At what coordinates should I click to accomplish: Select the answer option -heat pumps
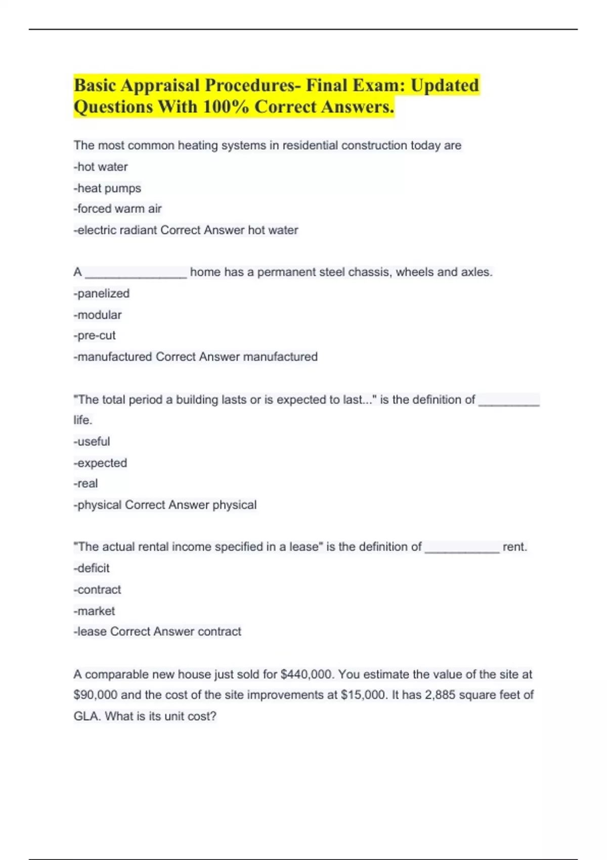[x=107, y=188]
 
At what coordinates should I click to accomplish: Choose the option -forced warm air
[x=117, y=209]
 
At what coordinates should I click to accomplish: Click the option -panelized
[x=101, y=293]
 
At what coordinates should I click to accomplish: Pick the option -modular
[x=98, y=315]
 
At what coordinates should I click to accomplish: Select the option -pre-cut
[x=95, y=335]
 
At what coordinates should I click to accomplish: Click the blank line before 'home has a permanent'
[x=136, y=273]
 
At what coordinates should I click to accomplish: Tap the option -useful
[x=92, y=442]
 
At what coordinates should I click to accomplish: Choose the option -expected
[x=100, y=463]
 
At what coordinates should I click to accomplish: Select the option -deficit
[x=92, y=568]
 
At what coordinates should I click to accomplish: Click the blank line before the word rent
[x=461, y=548]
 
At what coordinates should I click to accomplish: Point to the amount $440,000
[x=307, y=674]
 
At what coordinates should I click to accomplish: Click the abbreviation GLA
[x=86, y=716]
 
